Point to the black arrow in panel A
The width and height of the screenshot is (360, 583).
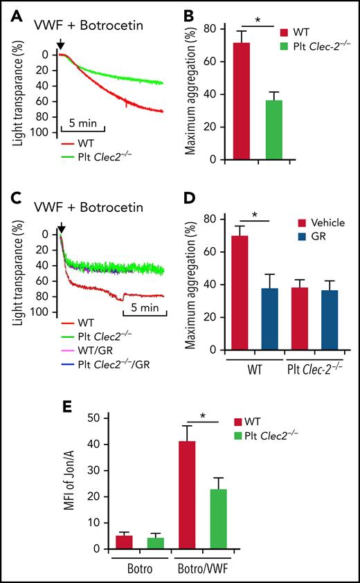pyautogui.click(x=61, y=44)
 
